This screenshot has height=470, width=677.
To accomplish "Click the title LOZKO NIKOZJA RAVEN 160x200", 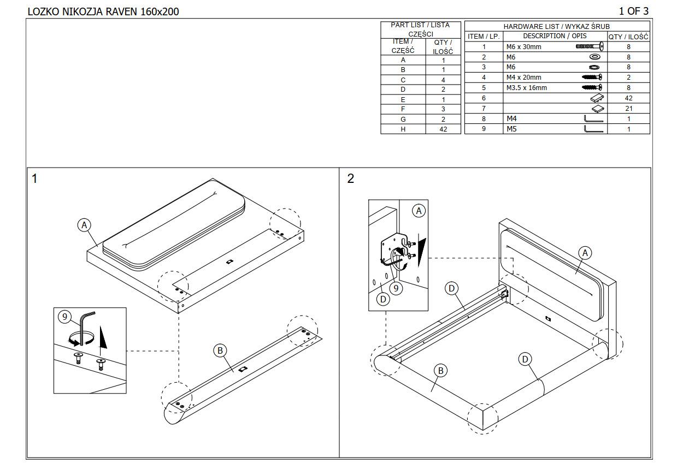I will click(x=103, y=11).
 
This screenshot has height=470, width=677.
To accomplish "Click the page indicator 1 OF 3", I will click(x=633, y=11).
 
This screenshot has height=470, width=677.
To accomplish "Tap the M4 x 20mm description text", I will click(x=523, y=78).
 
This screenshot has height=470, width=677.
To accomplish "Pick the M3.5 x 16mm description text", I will click(x=526, y=88).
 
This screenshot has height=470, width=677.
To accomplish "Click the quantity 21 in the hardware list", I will click(x=628, y=109).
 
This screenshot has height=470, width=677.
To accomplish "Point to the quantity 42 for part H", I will click(x=443, y=129).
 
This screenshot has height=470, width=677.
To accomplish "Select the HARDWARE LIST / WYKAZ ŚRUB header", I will click(x=556, y=26).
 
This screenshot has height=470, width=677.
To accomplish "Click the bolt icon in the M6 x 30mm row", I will click(x=590, y=47).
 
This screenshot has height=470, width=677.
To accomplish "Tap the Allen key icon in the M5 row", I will click(x=593, y=129).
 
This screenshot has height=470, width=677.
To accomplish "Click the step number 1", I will click(x=34, y=179).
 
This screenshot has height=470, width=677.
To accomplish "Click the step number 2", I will click(x=350, y=179).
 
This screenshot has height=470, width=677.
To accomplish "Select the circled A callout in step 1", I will click(x=84, y=225).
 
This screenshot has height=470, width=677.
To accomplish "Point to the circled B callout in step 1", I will click(x=220, y=350).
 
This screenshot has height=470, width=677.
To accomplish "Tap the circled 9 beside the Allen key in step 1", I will click(x=64, y=317).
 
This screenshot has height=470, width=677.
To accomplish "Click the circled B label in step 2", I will click(x=440, y=371).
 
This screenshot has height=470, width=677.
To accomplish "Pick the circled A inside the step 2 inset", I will click(x=419, y=211).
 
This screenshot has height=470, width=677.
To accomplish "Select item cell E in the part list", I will click(x=403, y=99).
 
